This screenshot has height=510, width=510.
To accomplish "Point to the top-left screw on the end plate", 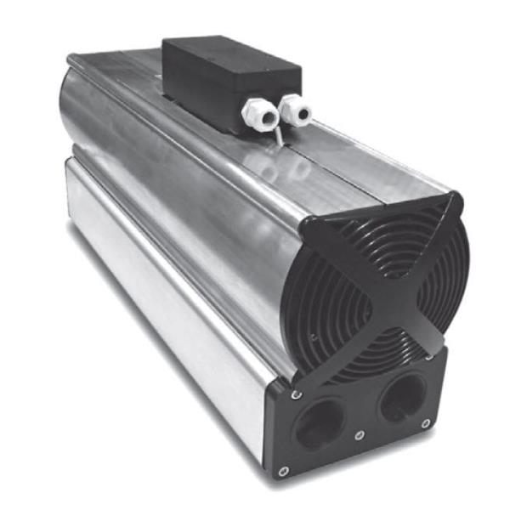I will [x=295, y=394].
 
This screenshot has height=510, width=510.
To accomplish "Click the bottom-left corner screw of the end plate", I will [x=283, y=469].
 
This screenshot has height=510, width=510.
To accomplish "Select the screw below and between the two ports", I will [x=360, y=435].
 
